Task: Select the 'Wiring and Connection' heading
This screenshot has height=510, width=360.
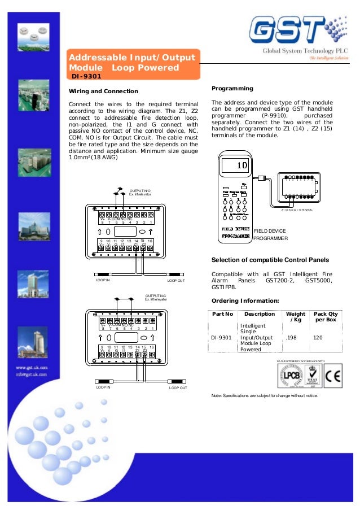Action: [103, 91]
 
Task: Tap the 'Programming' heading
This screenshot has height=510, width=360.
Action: [232, 89]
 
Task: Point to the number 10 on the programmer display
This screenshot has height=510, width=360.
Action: [242, 165]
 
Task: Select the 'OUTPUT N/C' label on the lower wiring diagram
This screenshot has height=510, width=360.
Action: [156, 297]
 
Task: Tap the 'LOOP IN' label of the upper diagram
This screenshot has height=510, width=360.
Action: [103, 280]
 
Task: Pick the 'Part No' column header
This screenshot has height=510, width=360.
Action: [222, 313]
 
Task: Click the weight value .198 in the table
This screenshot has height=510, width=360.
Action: [292, 338]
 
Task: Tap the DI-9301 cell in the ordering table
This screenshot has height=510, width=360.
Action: [222, 338]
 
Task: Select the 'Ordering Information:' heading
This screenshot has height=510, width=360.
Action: [245, 300]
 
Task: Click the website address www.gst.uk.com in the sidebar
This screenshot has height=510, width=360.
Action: [31, 367]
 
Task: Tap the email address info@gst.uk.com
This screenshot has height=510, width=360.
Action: [31, 373]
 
